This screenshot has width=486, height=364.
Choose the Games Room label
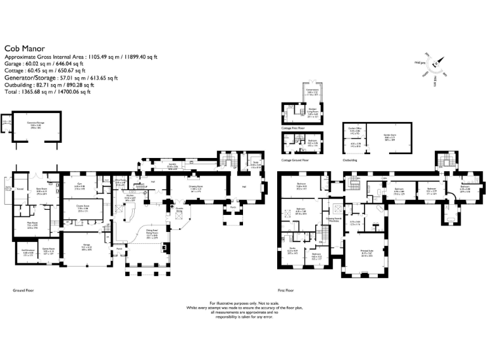[47, 251]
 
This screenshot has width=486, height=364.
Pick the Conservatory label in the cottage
[310, 90]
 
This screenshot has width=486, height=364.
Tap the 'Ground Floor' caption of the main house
[23, 290]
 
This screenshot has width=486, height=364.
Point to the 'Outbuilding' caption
[350, 161]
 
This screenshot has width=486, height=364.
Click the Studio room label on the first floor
[292, 248]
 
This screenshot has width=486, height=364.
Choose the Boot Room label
[42, 190]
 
